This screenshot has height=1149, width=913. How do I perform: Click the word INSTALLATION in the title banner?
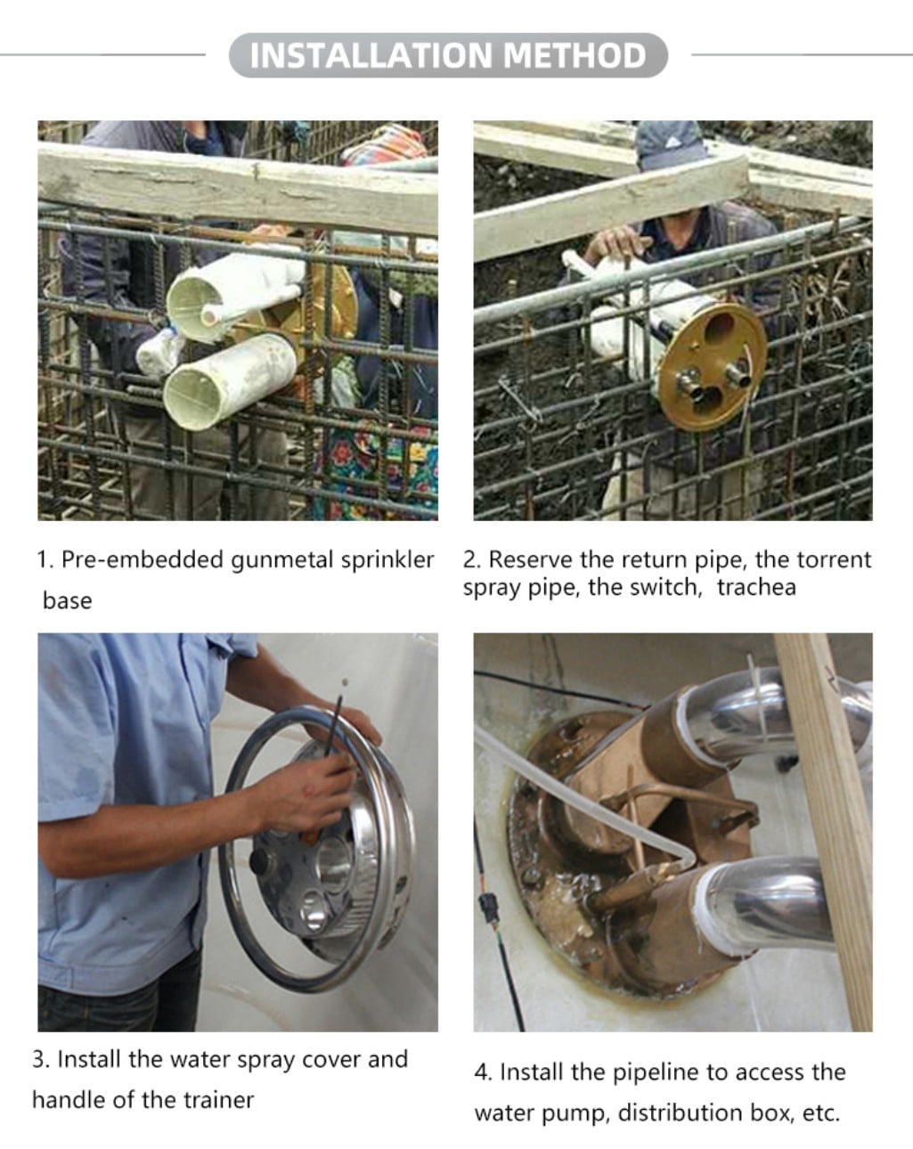(371, 55)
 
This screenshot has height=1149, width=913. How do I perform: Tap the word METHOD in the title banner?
(575, 55)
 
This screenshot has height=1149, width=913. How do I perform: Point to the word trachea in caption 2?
(756, 587)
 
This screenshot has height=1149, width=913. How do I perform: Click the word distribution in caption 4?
(681, 1112)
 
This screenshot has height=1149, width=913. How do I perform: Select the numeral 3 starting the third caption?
(38, 1059)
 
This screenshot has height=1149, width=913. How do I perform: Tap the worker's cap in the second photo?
(671, 143)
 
